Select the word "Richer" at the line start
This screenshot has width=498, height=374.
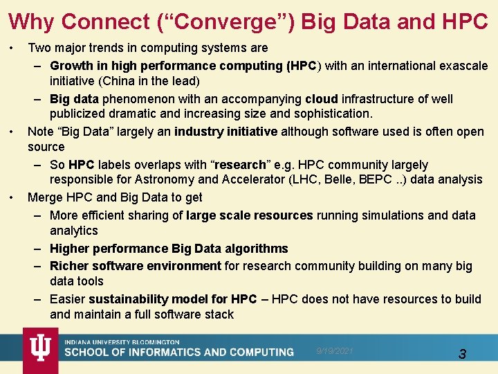click(x=69, y=266)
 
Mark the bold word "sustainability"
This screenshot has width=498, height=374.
click(x=129, y=299)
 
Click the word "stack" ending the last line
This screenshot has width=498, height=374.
click(x=219, y=315)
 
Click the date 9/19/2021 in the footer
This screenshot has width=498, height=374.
click(x=335, y=351)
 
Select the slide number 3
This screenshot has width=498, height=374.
click(x=462, y=355)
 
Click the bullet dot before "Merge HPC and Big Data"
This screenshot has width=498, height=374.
click(x=12, y=198)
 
